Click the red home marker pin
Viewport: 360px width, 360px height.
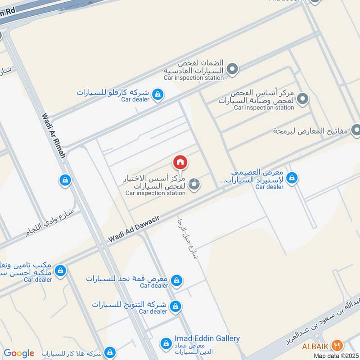(x=180, y=162)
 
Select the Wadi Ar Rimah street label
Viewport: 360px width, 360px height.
(x=54, y=135)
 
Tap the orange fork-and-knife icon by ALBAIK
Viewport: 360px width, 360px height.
(x=337, y=345)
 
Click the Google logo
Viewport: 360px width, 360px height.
(x=19, y=353)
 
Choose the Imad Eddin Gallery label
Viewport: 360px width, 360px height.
(x=207, y=338)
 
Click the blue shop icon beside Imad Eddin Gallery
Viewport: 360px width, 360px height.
(x=166, y=344)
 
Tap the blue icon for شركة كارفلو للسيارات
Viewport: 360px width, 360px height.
(x=157, y=94)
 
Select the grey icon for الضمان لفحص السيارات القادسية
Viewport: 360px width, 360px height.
(x=232, y=69)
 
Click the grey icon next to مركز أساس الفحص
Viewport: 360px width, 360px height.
(x=303, y=98)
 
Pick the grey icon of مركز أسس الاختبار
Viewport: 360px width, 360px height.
(x=194, y=184)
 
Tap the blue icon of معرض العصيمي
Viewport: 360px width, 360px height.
(x=292, y=178)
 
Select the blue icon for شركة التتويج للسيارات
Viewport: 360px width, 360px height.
(x=176, y=306)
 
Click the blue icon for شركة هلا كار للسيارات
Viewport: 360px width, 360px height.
(x=109, y=352)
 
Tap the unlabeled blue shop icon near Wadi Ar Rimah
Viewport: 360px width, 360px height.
(x=65, y=180)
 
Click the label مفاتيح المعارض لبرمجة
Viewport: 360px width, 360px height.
(x=310, y=131)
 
